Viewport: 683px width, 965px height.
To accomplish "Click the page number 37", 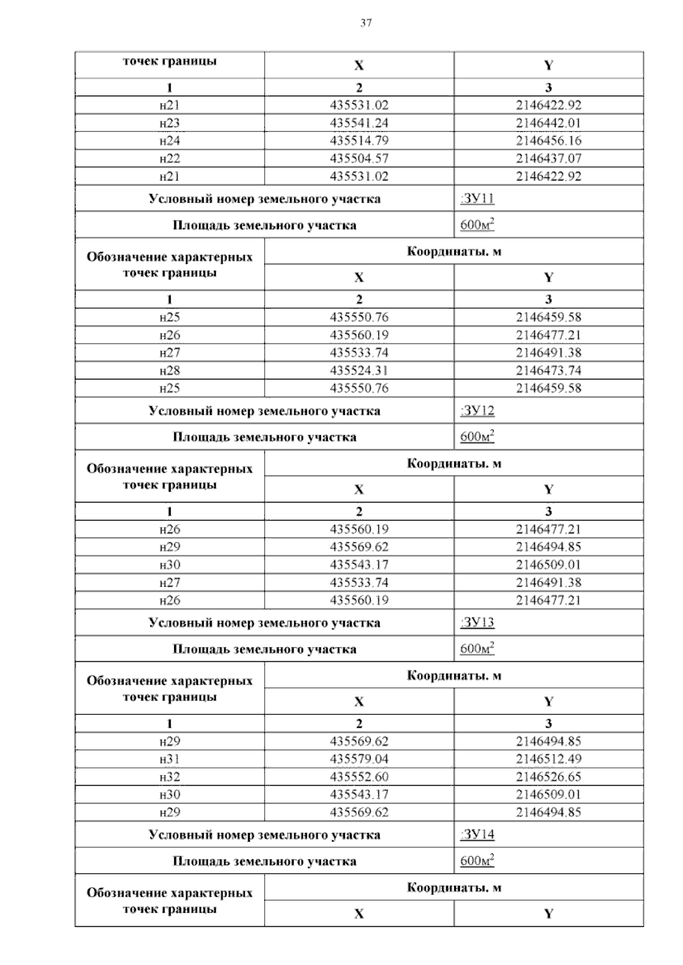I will tap(366, 23).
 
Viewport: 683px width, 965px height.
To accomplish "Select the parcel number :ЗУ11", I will tap(477, 199).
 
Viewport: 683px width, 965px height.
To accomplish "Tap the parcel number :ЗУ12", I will tap(477, 410).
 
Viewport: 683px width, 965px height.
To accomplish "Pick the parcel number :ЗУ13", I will tap(477, 622).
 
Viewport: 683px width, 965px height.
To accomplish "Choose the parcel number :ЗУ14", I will tap(477, 835).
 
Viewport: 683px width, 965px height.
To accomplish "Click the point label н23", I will tap(170, 123).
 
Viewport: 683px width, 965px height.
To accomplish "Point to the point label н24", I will tap(170, 141).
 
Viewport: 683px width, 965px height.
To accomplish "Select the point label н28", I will tap(170, 370).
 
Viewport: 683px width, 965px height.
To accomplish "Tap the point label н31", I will tap(170, 759).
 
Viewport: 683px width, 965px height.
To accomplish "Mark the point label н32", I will tap(170, 777).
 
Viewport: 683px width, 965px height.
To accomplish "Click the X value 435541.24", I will tap(359, 123).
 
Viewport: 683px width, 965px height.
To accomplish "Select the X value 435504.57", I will tap(359, 158).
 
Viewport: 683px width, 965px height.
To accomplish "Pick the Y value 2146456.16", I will tap(549, 141).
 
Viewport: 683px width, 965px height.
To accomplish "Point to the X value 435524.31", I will tap(359, 370).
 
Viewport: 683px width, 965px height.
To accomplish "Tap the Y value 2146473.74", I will tap(549, 370).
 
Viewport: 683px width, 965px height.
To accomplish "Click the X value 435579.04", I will tap(359, 759).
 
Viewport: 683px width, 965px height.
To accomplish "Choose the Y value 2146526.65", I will tap(549, 777).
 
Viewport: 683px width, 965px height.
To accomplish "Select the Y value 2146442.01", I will tap(549, 123).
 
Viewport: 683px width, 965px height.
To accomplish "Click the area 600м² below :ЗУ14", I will tap(477, 860).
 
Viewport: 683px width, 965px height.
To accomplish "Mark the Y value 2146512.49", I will tap(549, 759).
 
